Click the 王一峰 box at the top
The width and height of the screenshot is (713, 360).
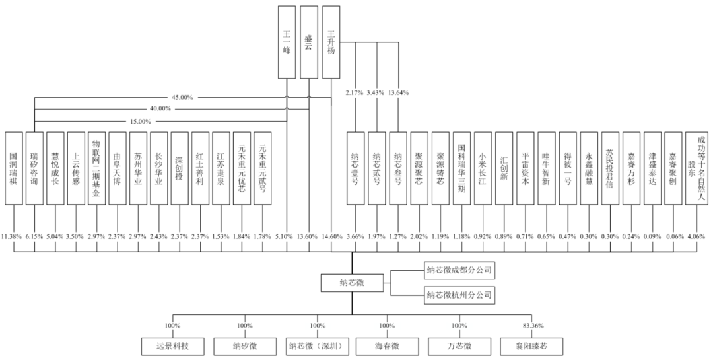(287, 40)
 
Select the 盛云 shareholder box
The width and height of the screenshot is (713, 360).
(308, 40)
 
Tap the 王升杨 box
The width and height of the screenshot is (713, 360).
(331, 40)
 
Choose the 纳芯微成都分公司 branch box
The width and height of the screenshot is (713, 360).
(459, 271)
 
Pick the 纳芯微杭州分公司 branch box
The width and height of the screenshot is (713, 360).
(459, 295)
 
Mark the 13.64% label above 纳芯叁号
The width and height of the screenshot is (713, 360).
(397, 93)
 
